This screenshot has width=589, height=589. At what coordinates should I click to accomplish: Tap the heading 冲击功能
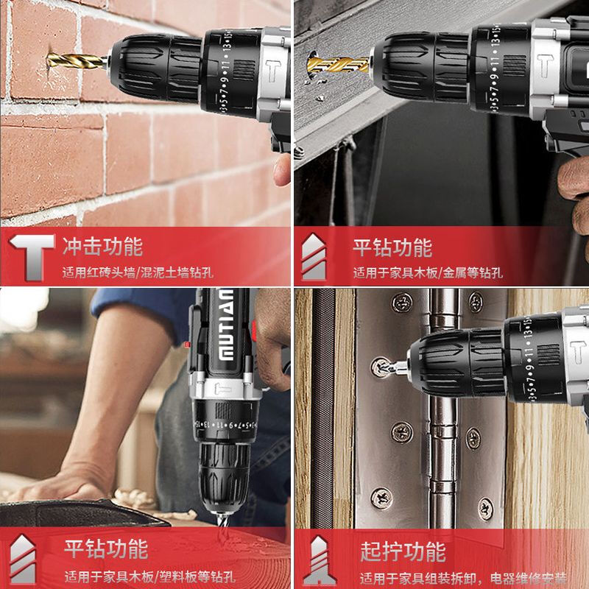(102, 245)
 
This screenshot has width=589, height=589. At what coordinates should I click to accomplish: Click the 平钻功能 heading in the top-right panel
(392, 246)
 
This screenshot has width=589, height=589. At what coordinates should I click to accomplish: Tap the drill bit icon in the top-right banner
(315, 257)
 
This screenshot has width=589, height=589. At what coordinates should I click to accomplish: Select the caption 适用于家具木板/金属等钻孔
(428, 272)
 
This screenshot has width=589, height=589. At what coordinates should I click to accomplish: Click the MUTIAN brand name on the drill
(225, 328)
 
